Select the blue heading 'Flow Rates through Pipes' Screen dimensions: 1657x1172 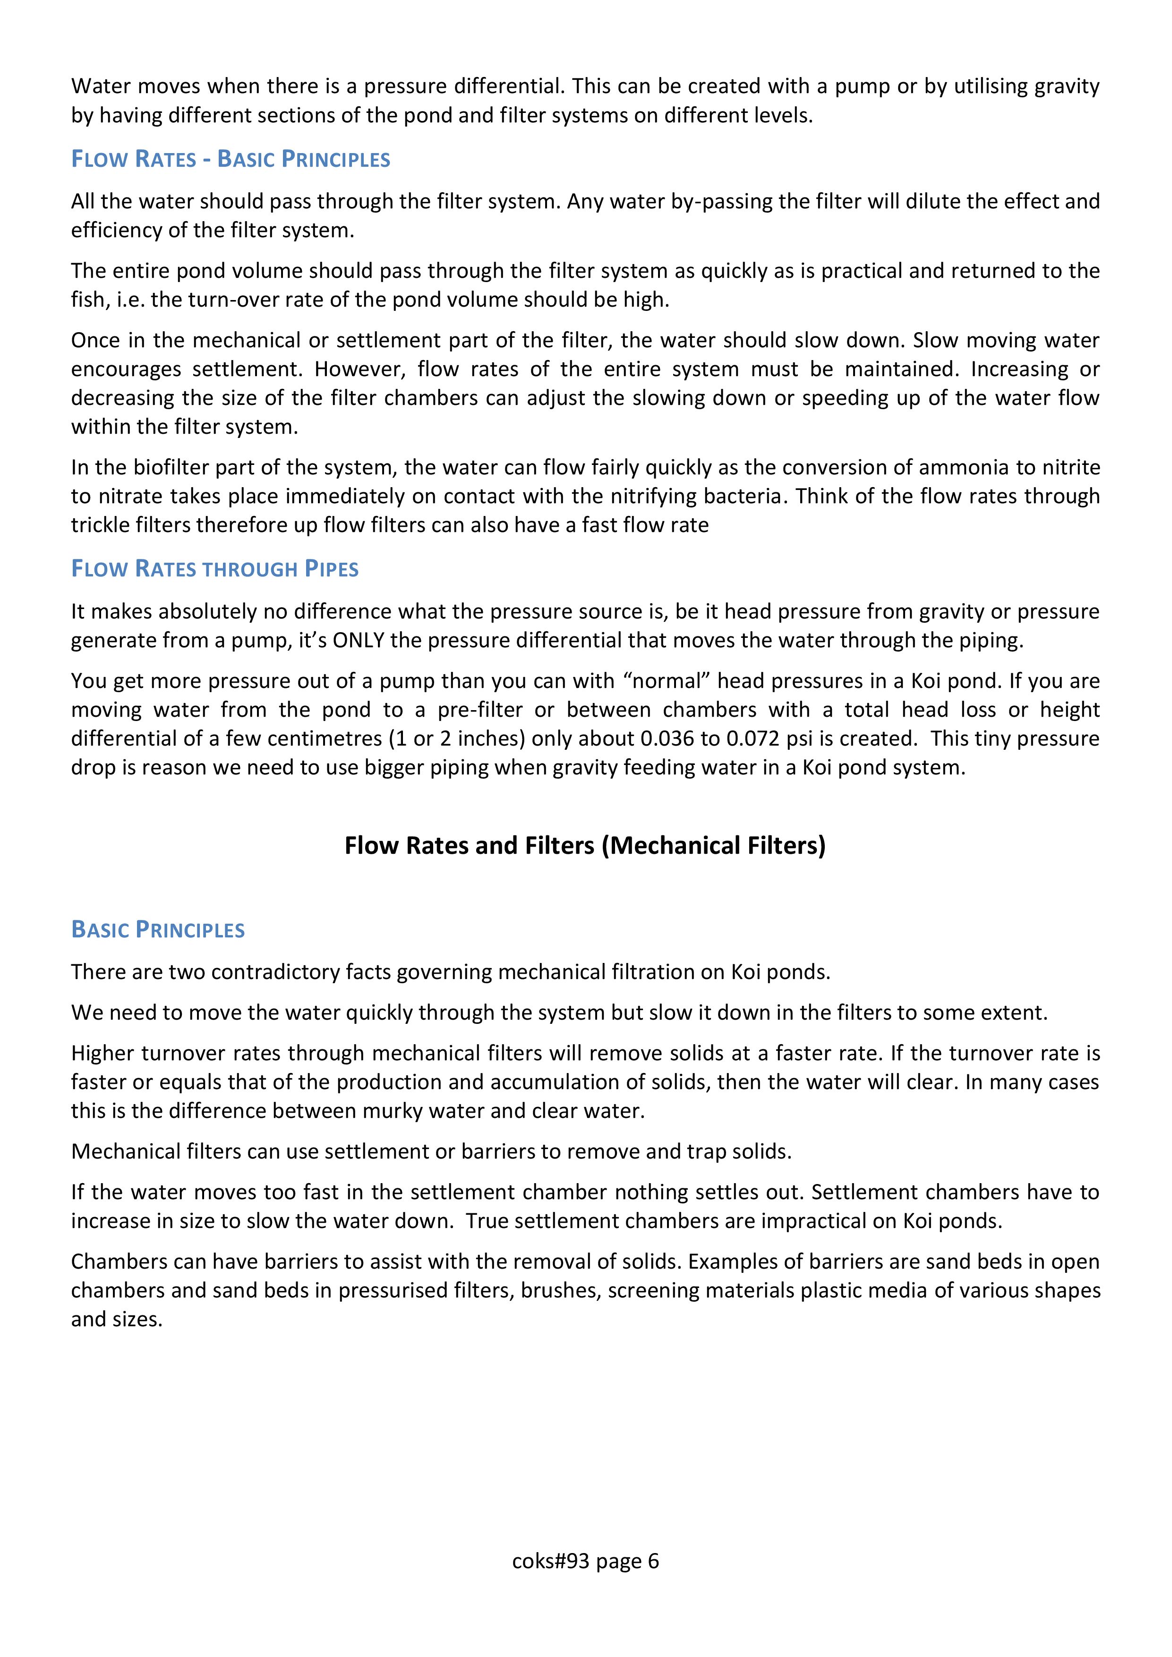point(214,569)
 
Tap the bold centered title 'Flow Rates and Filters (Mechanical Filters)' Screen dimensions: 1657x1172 point(584,845)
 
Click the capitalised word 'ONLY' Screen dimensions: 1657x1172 point(358,640)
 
